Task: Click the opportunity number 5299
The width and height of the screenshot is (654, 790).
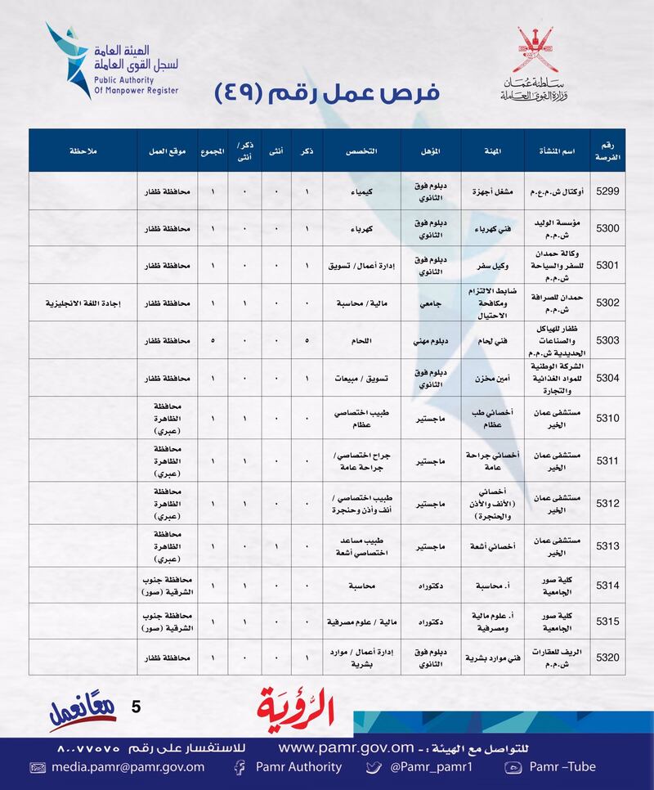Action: point(607,191)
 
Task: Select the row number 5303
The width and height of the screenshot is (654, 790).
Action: point(607,340)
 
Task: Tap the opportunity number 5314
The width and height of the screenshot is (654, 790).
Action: point(607,586)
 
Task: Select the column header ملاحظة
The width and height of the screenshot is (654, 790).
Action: point(83,150)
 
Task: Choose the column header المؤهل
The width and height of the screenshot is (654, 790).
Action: point(431,150)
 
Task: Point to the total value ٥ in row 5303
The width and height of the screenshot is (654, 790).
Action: point(213,340)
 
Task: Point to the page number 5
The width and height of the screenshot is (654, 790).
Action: point(136,705)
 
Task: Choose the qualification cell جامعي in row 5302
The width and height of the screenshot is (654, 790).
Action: point(431,303)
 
